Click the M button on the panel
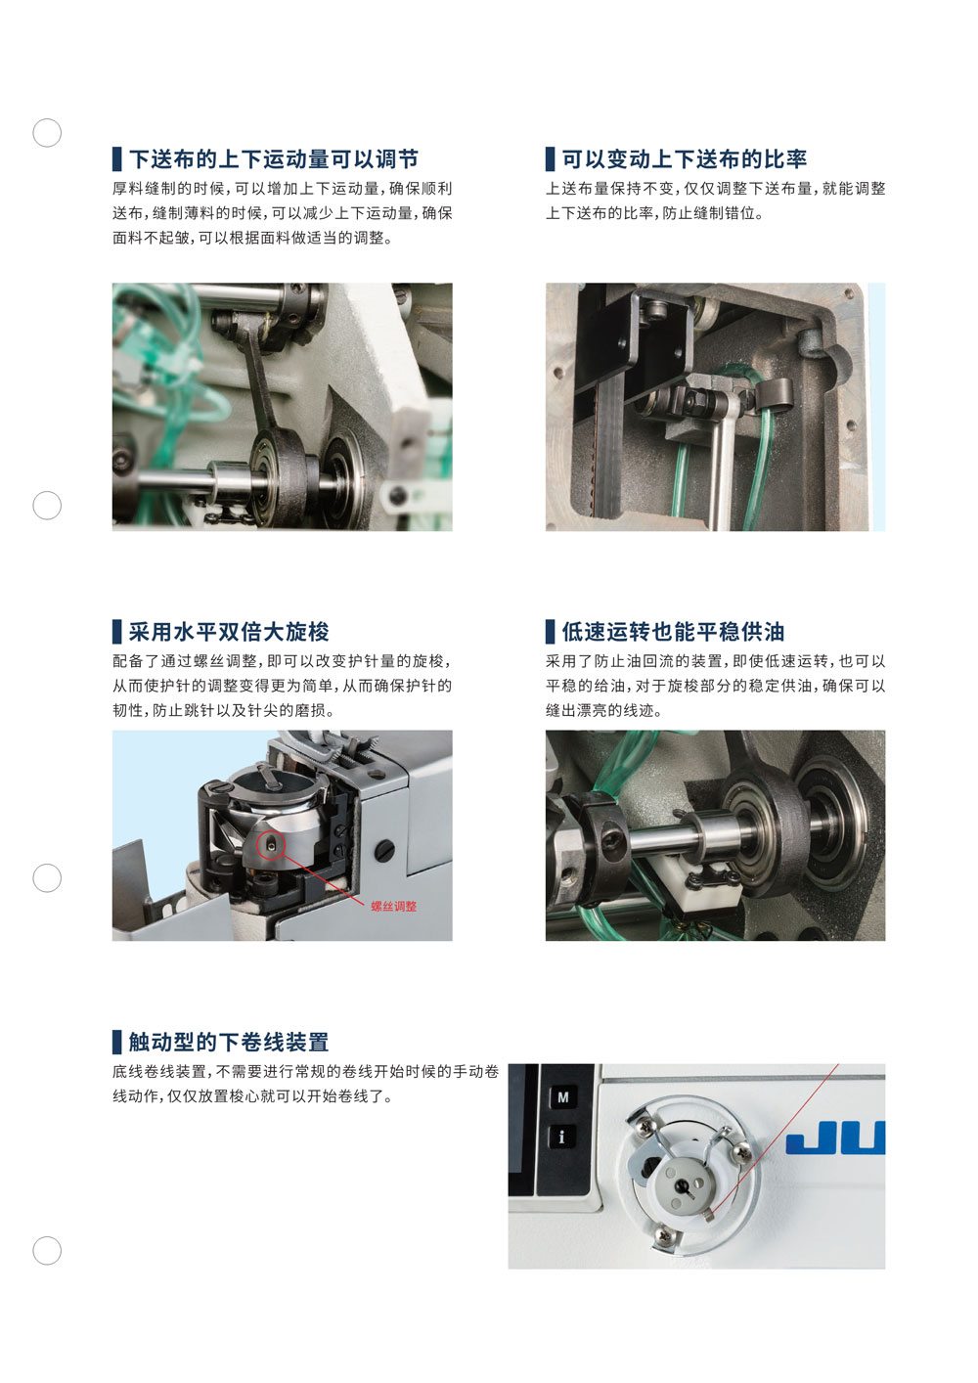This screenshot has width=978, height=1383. pyautogui.click(x=563, y=1097)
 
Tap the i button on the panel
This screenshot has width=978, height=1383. pyautogui.click(x=562, y=1137)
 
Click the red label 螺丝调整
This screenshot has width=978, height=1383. pyautogui.click(x=394, y=907)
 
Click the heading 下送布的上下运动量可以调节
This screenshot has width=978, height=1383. pyautogui.click(x=274, y=159)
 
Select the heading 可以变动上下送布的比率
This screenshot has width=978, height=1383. pyautogui.click(x=684, y=159)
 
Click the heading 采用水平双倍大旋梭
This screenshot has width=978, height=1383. pyautogui.click(x=229, y=632)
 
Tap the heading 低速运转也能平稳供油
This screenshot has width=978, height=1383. pyautogui.click(x=673, y=632)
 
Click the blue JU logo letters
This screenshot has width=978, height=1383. pyautogui.click(x=835, y=1138)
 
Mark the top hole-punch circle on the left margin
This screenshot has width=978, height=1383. pyautogui.click(x=47, y=133)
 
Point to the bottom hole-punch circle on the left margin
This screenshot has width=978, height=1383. pyautogui.click(x=47, y=1251)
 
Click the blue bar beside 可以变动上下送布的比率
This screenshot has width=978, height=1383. pyautogui.click(x=550, y=159)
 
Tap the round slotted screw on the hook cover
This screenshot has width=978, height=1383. pyautogui.click(x=384, y=850)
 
